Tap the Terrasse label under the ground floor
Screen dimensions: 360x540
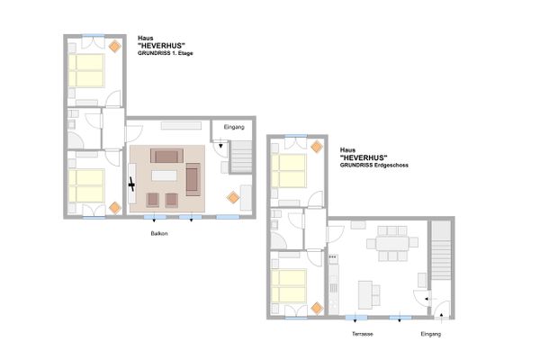coord(363,334)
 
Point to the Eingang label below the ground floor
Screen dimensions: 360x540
coord(431,334)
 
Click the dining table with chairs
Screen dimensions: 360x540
coord(392,242)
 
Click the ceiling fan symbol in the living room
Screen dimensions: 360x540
coord(132,185)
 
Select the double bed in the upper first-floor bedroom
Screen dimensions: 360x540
coord(88,67)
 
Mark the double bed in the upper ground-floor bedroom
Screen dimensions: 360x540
coord(290,167)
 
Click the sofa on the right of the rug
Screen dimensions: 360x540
coord(193,178)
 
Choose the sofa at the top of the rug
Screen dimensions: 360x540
coord(165,153)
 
